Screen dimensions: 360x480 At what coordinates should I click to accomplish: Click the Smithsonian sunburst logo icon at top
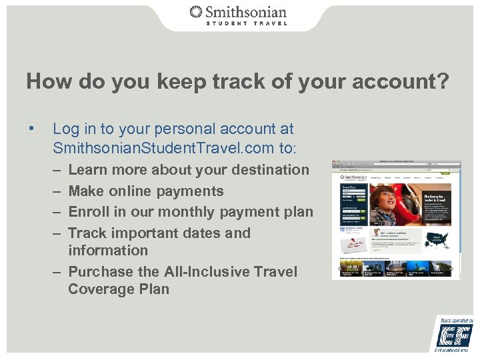[196, 11]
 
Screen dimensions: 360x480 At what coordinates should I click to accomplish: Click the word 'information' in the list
[108, 251]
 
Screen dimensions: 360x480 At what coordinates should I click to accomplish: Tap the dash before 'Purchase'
[57, 272]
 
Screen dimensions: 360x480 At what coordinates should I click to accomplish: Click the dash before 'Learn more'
[57, 170]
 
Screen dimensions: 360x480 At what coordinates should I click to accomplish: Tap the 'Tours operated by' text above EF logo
[456, 321]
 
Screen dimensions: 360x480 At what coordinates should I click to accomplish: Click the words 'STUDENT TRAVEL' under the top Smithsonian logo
[246, 23]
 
